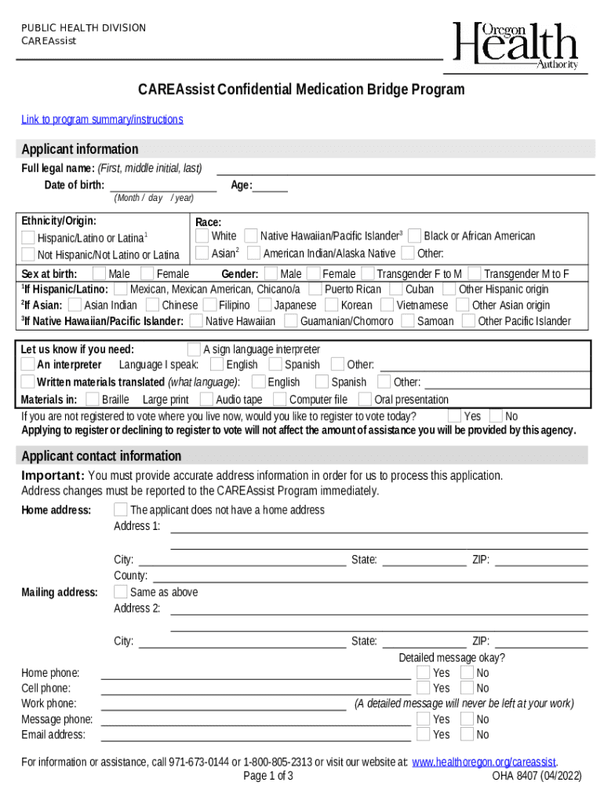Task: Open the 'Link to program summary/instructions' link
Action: click(102, 119)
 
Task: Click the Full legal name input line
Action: click(405, 169)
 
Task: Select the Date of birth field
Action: click(163, 185)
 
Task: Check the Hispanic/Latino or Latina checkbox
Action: click(28, 237)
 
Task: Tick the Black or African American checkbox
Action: click(415, 236)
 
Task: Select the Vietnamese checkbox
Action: click(388, 305)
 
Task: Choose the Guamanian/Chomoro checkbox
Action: click(291, 320)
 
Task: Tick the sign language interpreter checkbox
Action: click(194, 349)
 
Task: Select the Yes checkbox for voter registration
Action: click(455, 416)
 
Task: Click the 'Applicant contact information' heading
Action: click(101, 456)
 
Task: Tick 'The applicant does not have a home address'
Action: click(121, 510)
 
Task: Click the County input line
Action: click(369, 576)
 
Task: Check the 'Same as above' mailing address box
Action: click(121, 592)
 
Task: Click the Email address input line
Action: click(255, 735)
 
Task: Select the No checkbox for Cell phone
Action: click(468, 689)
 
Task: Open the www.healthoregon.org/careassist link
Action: click(484, 762)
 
